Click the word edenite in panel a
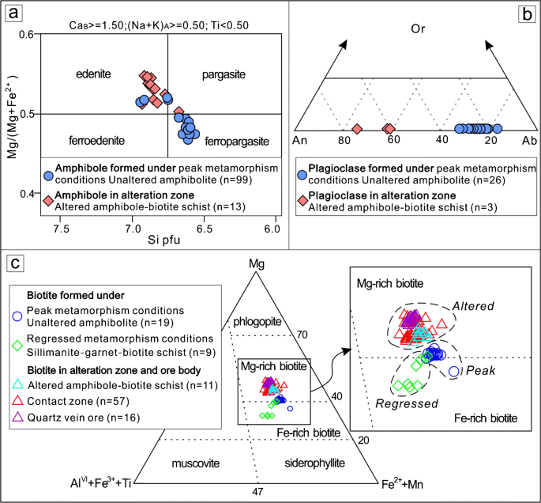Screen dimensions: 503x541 click(x=92, y=74)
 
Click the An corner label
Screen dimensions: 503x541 click(x=299, y=141)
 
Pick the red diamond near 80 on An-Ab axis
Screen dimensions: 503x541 click(x=357, y=129)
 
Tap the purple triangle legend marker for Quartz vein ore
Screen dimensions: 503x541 click(x=18, y=418)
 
